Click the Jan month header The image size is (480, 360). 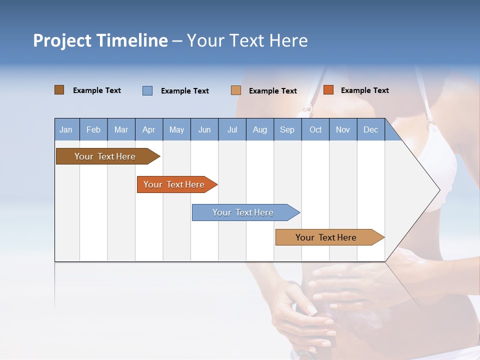coord(66,129)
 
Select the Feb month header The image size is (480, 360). coord(93,129)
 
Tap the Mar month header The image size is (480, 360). coord(121,129)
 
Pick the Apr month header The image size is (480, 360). coord(149,129)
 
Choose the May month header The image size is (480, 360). coord(176,129)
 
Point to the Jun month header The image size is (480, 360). coord(204,129)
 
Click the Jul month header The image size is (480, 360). coord(232,129)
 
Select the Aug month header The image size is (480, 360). coord(260,129)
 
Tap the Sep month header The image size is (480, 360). coord(287,129)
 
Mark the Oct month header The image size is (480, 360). coord(315,129)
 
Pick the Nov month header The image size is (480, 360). coord(343,129)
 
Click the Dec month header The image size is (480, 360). coord(371,129)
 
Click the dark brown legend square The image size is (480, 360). coord(59,90)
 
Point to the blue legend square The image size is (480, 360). coord(147,90)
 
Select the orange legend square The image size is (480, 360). coord(328,90)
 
